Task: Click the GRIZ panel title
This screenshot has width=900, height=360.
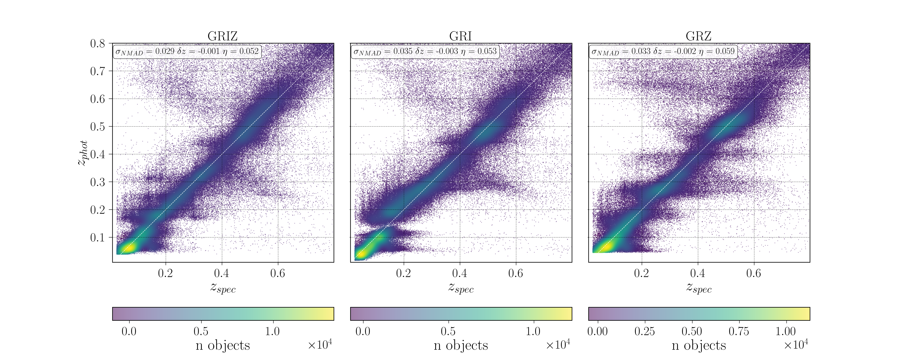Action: click(223, 36)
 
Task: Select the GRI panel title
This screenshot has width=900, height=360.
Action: click(460, 36)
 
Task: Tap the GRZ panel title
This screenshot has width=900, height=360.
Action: click(698, 36)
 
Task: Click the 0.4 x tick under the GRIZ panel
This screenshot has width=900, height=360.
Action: click(221, 273)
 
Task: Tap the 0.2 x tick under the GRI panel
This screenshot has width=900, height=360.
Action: click(403, 273)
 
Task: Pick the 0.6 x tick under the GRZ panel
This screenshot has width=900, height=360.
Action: click(754, 273)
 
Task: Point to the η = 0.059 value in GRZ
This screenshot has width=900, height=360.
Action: click(720, 51)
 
